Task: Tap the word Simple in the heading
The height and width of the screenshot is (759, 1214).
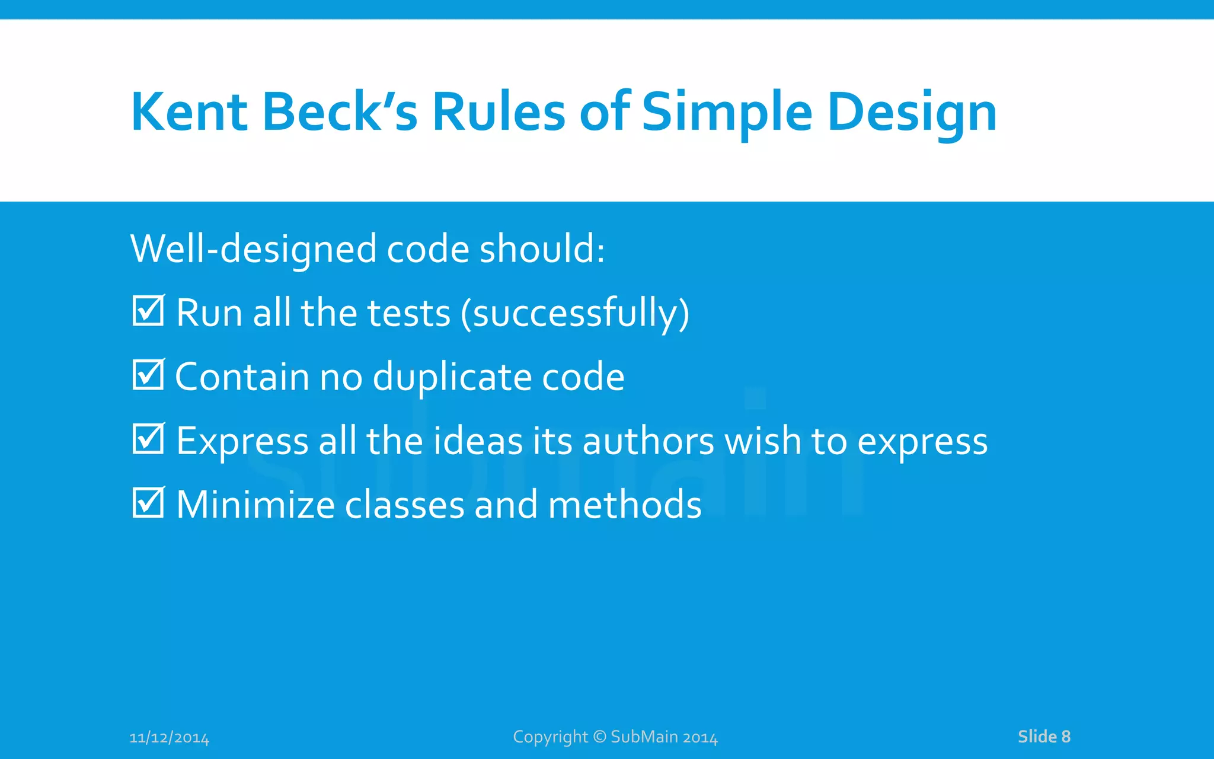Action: (x=727, y=113)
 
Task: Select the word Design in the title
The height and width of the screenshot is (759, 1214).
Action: (x=912, y=113)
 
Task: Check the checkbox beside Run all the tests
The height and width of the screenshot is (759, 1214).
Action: (x=148, y=311)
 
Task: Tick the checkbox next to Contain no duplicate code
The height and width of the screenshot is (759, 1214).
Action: (x=148, y=375)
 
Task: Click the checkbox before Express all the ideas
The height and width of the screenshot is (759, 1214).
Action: (x=148, y=439)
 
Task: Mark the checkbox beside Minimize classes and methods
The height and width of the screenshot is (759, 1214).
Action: (x=148, y=503)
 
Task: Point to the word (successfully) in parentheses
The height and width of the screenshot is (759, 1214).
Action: (x=575, y=313)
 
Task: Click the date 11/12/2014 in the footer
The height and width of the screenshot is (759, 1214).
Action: (x=169, y=738)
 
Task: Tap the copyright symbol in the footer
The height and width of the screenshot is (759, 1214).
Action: (x=599, y=736)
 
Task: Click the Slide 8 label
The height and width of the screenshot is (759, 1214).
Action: (x=1044, y=736)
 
